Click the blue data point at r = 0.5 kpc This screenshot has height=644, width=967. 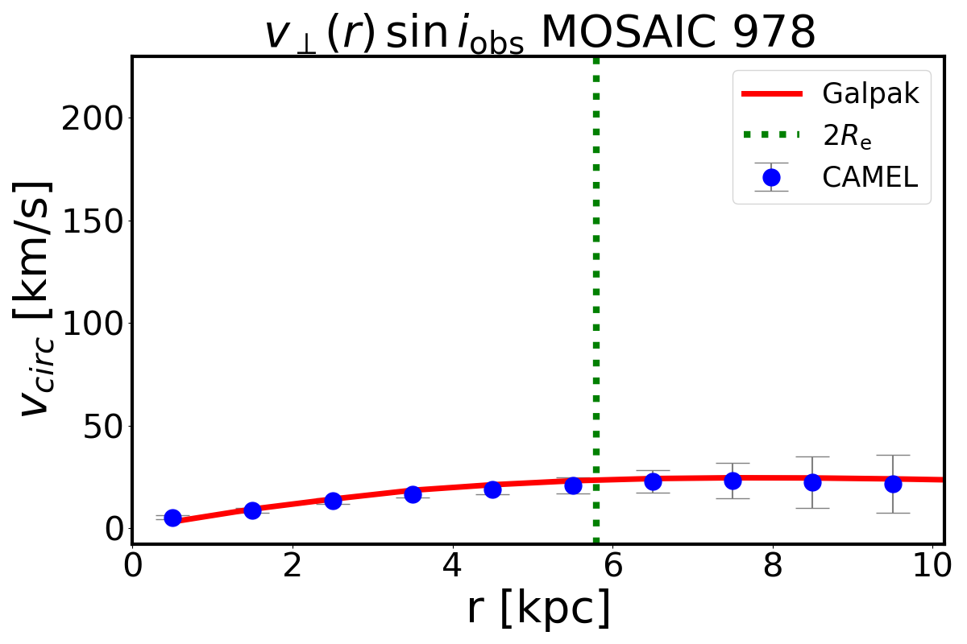[172, 518]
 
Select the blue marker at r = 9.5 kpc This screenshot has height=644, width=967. [893, 484]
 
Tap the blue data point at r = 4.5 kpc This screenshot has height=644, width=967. [492, 489]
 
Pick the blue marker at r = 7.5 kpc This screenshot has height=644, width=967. [733, 481]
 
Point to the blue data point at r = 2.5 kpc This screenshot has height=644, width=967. [333, 500]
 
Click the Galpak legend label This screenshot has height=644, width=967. [870, 94]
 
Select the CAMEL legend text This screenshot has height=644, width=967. [869, 177]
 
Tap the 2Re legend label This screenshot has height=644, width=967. [847, 136]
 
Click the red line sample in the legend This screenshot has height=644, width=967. [771, 94]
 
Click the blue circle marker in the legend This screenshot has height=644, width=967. [771, 177]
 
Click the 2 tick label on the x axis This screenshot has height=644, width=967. [292, 564]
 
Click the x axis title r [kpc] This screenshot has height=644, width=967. [538, 609]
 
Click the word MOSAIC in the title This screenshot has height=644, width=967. [614, 34]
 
